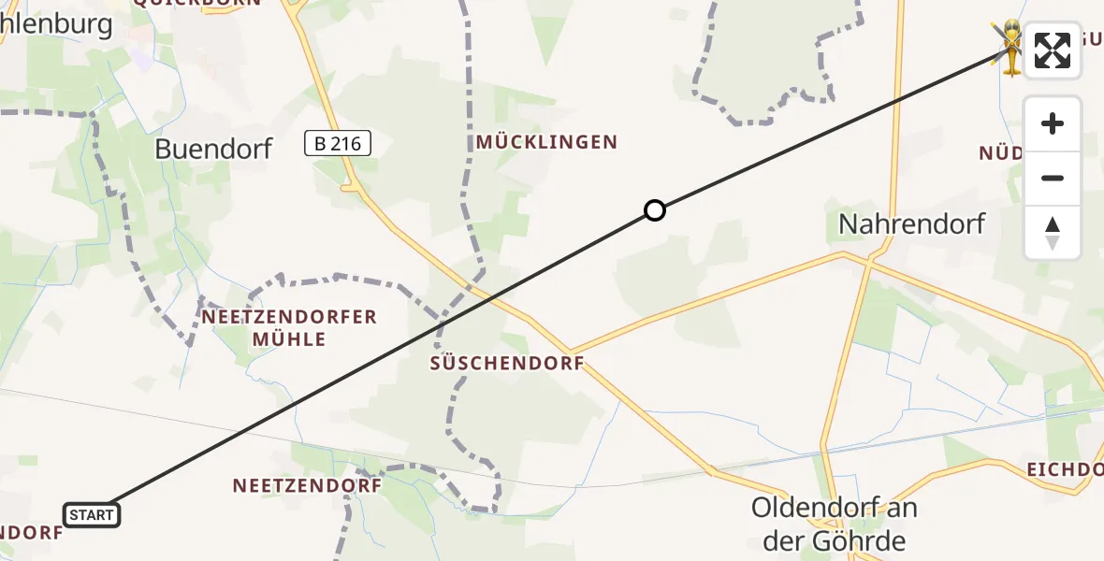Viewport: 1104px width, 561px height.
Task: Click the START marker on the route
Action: (x=92, y=514)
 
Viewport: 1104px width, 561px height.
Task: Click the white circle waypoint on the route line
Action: (x=655, y=210)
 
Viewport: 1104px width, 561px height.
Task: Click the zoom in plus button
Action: (x=1053, y=124)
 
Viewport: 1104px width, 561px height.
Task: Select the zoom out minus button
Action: (x=1053, y=179)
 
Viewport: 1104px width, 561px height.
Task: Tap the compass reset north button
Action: (x=1053, y=233)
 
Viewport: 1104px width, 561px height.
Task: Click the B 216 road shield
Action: (x=338, y=143)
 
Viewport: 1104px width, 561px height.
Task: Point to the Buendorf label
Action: (x=213, y=148)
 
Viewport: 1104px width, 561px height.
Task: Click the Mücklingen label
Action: (x=546, y=142)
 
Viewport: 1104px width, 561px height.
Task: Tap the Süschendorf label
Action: (x=506, y=363)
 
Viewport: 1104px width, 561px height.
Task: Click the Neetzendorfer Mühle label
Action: (x=289, y=327)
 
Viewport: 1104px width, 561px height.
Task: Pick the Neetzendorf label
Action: (x=307, y=485)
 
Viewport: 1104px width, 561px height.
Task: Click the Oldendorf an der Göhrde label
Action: (x=835, y=524)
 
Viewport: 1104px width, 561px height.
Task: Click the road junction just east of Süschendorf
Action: (x=572, y=352)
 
